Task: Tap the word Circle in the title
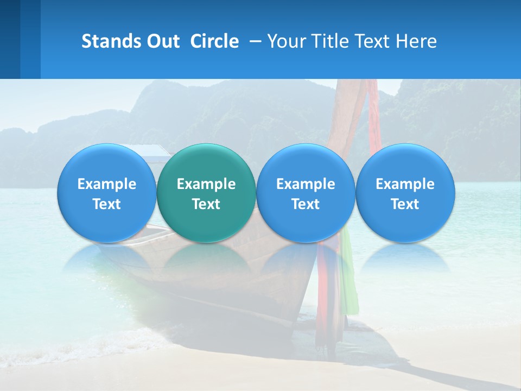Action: click(214, 41)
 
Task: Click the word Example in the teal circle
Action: click(206, 184)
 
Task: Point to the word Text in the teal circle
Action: click(206, 204)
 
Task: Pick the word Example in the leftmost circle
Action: click(106, 184)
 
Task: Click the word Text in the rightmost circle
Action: click(405, 204)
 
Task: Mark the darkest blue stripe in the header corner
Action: click(10, 39)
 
